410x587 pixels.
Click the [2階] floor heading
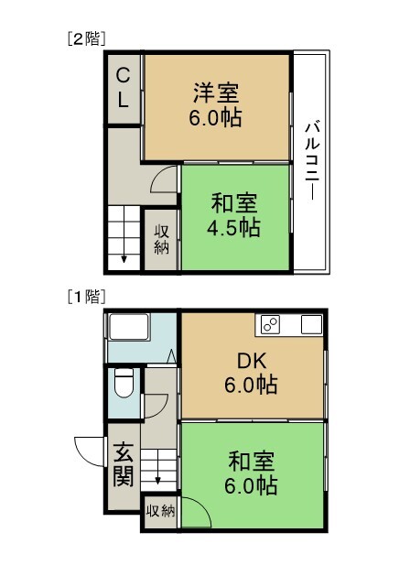point(86,38)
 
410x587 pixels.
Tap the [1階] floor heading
point(86,297)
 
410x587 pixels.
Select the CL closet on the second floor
point(123,88)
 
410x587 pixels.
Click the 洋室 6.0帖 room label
point(216,104)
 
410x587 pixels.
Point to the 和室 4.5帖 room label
point(234,215)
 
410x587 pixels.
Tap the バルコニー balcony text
point(311,161)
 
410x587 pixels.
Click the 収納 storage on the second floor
point(162,240)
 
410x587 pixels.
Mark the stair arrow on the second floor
point(124,258)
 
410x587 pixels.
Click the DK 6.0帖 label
point(251,373)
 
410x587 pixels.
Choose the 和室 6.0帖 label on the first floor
point(251,473)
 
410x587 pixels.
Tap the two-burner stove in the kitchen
point(270,324)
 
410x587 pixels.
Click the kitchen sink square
point(311,324)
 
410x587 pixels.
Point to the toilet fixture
point(124,383)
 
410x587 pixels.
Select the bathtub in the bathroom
point(128,327)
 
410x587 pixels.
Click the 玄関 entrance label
point(123,464)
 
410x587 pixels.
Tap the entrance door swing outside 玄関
point(88,451)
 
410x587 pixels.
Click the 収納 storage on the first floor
point(160,511)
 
